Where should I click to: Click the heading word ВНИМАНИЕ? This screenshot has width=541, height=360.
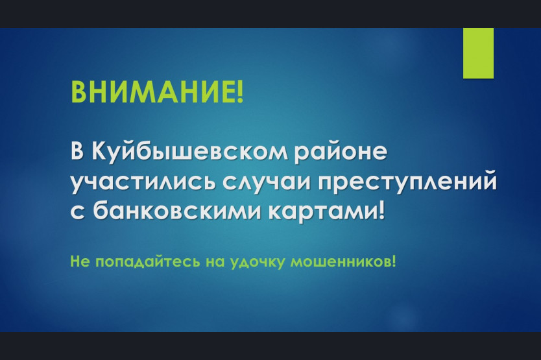[157, 91]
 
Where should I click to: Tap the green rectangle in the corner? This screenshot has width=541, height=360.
[478, 53]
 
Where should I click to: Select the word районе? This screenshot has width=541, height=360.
[341, 152]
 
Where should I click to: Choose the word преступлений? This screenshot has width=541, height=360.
[407, 182]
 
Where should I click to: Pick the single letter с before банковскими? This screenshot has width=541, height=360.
[78, 211]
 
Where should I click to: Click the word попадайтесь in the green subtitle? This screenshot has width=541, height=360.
[147, 261]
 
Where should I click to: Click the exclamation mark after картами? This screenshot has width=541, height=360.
[381, 210]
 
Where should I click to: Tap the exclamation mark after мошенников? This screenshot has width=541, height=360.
[394, 262]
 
